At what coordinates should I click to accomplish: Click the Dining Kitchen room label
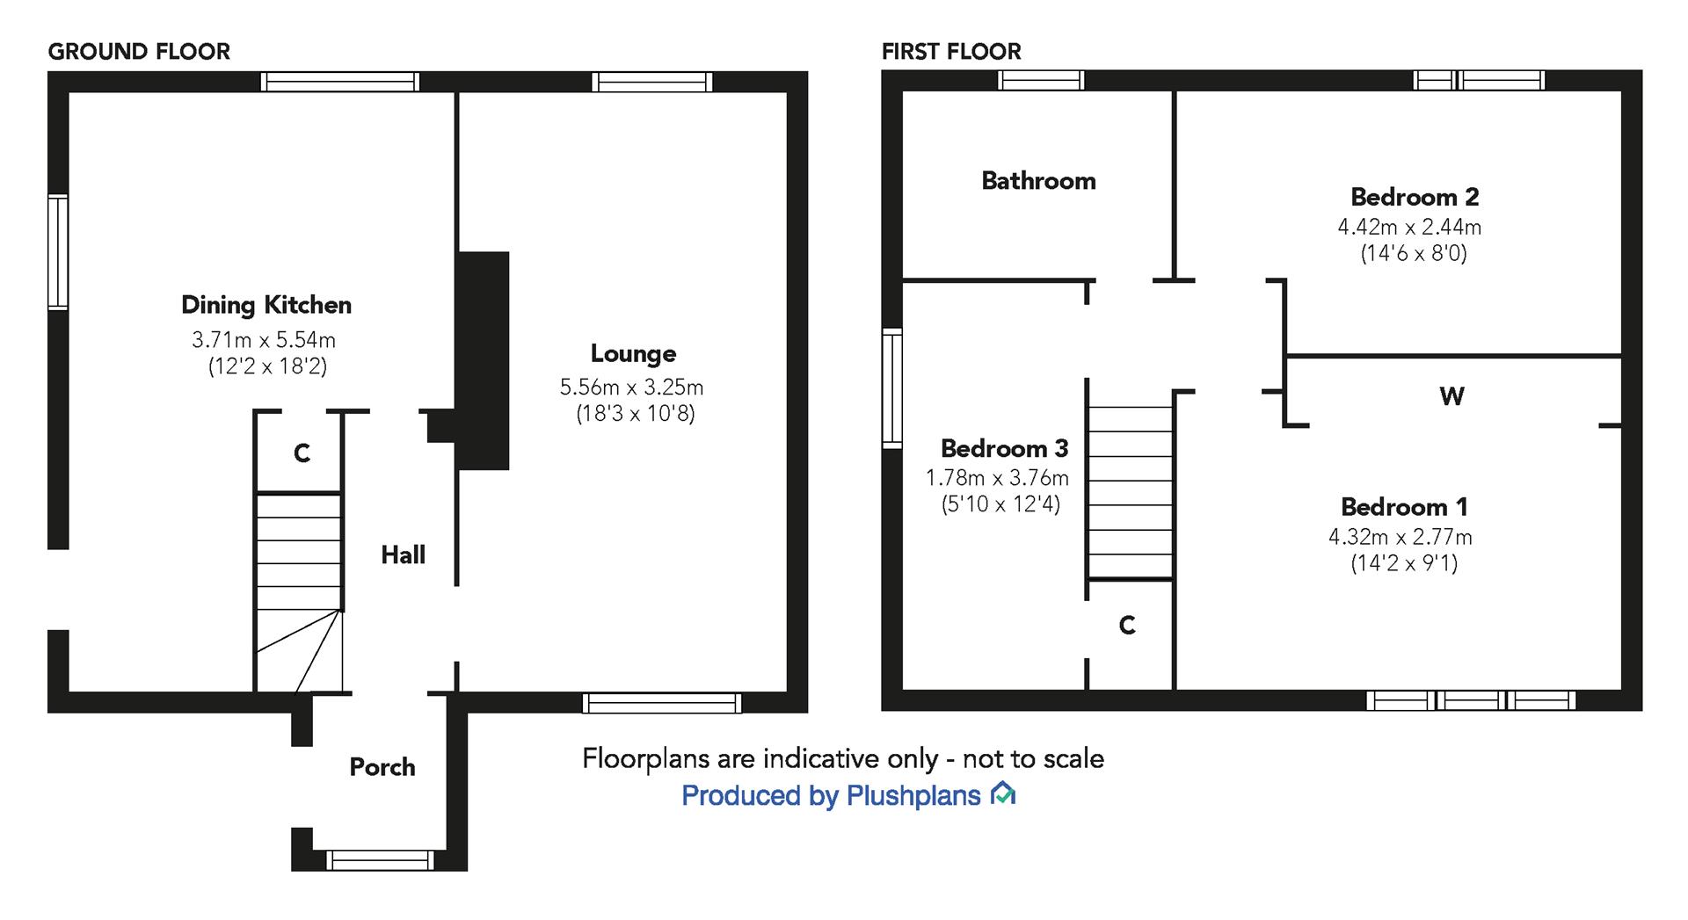click(x=266, y=305)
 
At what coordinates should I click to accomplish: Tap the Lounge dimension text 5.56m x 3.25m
click(x=631, y=388)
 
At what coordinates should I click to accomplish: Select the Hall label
click(x=403, y=554)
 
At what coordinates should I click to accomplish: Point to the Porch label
click(x=382, y=767)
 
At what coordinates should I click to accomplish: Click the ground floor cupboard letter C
click(x=302, y=453)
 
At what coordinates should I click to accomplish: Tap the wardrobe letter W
click(x=1452, y=396)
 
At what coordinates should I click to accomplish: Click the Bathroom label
click(x=1038, y=181)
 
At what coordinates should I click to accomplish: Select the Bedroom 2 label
click(x=1415, y=197)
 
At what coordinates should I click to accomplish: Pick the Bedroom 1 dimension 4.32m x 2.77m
click(x=1400, y=537)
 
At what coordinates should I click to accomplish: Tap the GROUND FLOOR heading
click(x=139, y=52)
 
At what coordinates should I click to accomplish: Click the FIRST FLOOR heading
click(x=951, y=52)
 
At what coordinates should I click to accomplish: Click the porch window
click(x=380, y=859)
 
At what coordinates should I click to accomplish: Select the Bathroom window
click(x=1042, y=81)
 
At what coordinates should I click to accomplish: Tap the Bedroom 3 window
click(x=892, y=388)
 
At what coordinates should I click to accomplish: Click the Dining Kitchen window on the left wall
click(x=58, y=252)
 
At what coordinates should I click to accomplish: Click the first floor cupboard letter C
click(x=1127, y=626)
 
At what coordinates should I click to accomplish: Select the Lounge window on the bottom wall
click(x=662, y=703)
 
